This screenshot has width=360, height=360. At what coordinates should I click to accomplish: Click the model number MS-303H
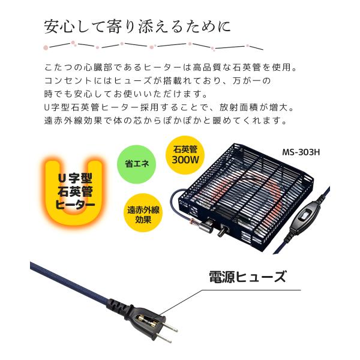pyautogui.click(x=302, y=152)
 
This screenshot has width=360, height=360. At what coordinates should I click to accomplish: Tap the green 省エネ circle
pyautogui.click(x=137, y=163)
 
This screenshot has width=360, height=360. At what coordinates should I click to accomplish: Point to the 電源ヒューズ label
pyautogui.click(x=247, y=277)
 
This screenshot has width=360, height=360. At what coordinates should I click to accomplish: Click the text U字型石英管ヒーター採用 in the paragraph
pyautogui.click(x=108, y=107)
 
